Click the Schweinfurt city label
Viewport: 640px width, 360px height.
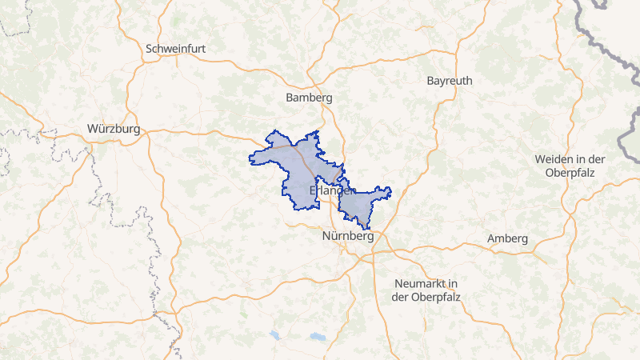(x=176, y=49)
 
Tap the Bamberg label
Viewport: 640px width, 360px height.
(x=308, y=98)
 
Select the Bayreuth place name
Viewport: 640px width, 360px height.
(x=450, y=82)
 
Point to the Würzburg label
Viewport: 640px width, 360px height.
(x=114, y=129)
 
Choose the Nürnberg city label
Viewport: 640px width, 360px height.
(x=347, y=237)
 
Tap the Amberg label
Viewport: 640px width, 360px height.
(x=507, y=239)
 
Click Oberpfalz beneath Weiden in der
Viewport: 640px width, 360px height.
(x=570, y=172)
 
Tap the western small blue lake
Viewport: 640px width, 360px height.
(x=275, y=334)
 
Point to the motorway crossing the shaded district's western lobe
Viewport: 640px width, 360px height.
(x=304, y=156)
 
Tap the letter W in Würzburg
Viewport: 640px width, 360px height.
(x=92, y=129)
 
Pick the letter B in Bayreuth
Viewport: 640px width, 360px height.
(x=431, y=82)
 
